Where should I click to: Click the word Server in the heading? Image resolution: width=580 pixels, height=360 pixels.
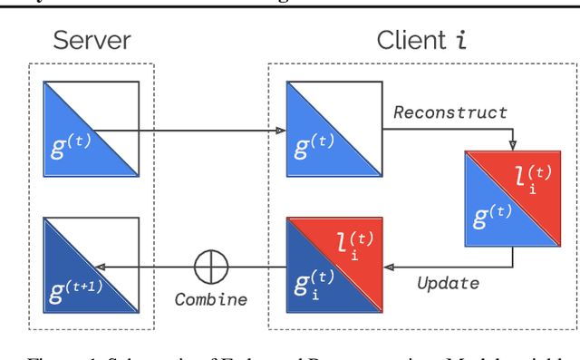(92, 40)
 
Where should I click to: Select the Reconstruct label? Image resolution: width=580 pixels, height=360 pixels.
(450, 112)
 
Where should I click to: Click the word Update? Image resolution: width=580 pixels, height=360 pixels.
(448, 283)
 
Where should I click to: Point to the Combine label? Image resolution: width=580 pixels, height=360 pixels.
(211, 300)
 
